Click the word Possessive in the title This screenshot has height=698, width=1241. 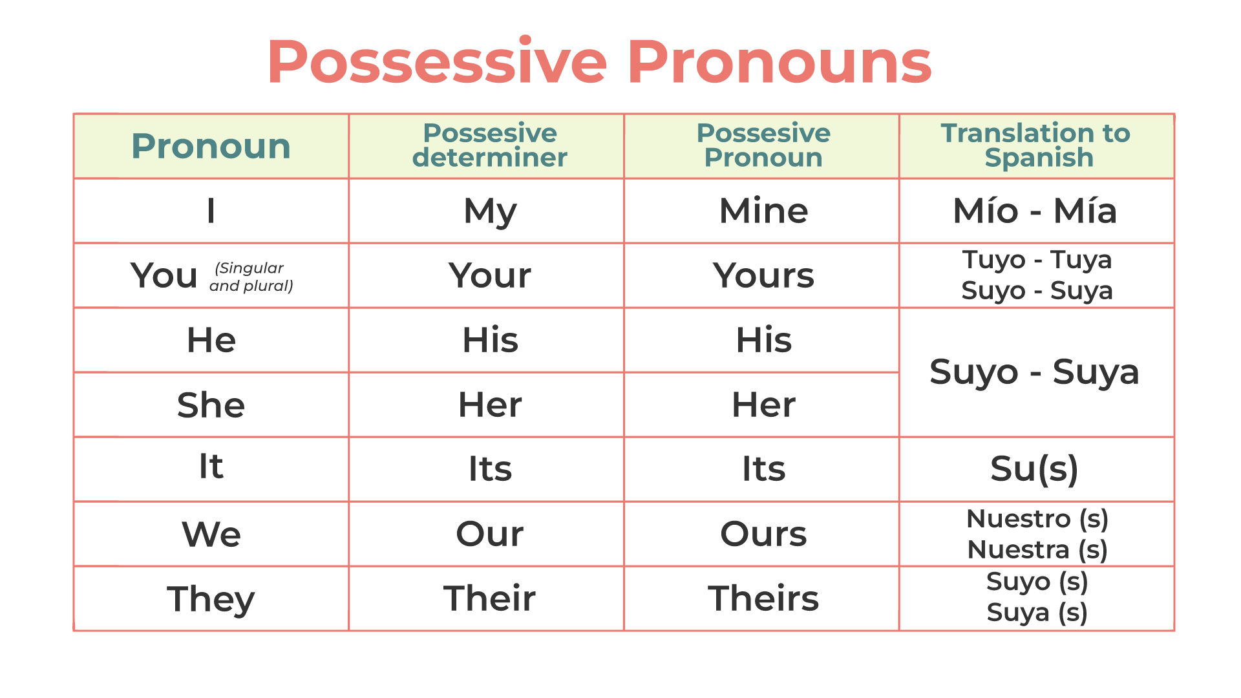tap(437, 62)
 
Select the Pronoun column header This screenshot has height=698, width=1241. tap(211, 146)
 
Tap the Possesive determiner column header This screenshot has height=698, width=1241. tap(490, 145)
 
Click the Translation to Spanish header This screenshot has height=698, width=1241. tap(1036, 145)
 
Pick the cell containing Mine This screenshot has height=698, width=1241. tap(763, 211)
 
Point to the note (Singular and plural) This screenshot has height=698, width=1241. tap(251, 277)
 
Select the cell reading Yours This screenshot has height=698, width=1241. tap(763, 275)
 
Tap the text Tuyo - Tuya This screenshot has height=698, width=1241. tap(1037, 260)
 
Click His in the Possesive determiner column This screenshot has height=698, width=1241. tap(490, 340)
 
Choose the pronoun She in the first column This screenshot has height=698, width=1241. tap(211, 405)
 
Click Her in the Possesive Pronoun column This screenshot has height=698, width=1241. tap(763, 405)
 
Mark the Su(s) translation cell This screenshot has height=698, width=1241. tap(1034, 469)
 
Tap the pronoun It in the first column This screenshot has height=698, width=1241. tap(211, 466)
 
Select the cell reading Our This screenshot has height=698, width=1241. tap(490, 534)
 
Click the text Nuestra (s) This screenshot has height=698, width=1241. tap(1037, 550)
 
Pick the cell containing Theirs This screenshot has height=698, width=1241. tap(763, 598)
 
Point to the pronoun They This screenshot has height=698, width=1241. tap(211, 599)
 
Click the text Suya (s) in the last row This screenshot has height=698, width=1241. tap(1037, 613)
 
